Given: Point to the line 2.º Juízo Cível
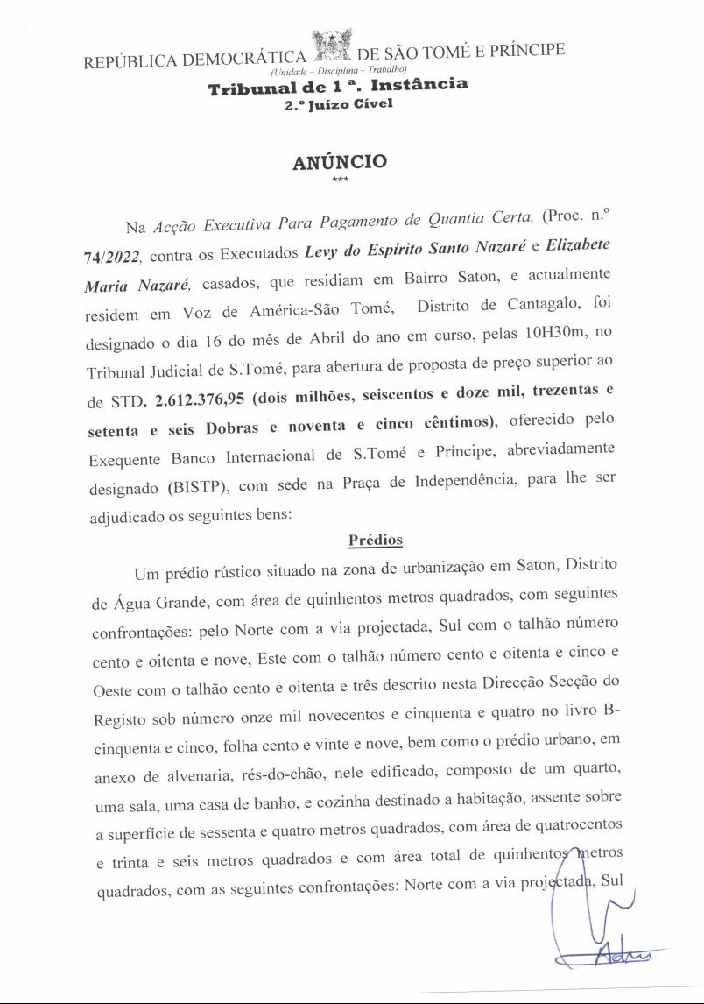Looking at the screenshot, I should [338, 105].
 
